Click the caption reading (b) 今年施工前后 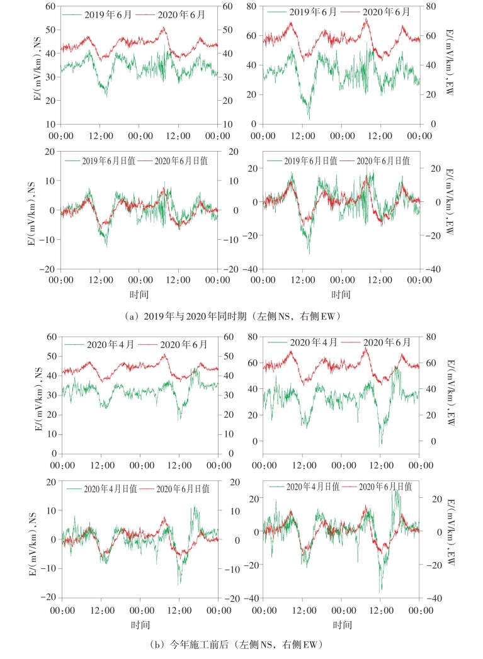(x=241, y=645)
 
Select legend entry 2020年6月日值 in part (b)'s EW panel (x=384, y=487)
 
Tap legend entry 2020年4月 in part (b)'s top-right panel (x=313, y=342)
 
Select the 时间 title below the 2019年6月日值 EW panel (x=341, y=293)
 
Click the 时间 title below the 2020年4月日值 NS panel (x=140, y=624)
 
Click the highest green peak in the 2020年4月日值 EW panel (x=395, y=488)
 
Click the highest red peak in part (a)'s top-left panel (x=164, y=27)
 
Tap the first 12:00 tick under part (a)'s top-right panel (x=303, y=136)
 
